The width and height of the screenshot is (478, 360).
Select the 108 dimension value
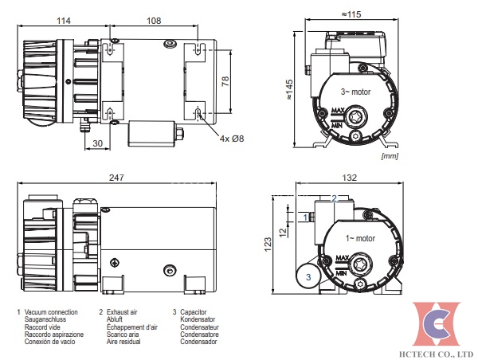click(x=151, y=20)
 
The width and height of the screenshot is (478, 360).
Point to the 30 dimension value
click(x=97, y=143)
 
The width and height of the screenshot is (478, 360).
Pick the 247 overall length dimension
click(x=116, y=179)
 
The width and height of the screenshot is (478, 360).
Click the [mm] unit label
click(x=390, y=156)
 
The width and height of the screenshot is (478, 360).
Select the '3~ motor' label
click(x=356, y=93)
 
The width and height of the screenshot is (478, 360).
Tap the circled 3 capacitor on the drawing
click(x=307, y=276)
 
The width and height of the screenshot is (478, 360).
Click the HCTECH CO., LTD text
click(x=437, y=351)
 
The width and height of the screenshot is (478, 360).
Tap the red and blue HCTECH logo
click(x=437, y=323)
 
